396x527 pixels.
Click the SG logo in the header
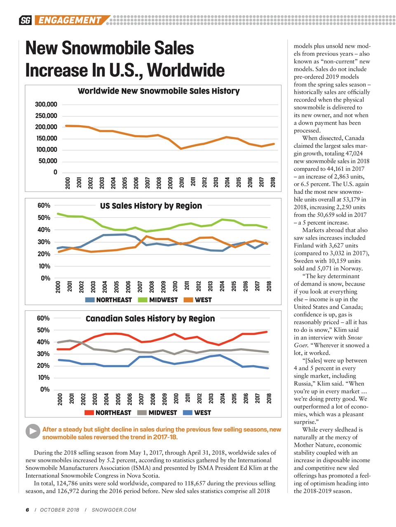(x=25, y=20)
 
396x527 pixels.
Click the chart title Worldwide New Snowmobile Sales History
(x=159, y=91)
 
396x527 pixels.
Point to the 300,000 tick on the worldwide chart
(x=46, y=105)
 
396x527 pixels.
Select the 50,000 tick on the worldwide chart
(x=48, y=161)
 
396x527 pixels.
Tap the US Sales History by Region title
(x=151, y=206)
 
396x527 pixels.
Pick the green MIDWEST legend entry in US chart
(x=159, y=300)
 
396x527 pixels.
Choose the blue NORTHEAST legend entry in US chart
(x=109, y=300)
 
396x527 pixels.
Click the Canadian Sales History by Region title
(x=150, y=319)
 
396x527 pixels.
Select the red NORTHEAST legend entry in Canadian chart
(x=108, y=413)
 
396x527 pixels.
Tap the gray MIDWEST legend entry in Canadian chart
(x=158, y=413)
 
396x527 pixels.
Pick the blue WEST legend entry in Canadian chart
(x=197, y=413)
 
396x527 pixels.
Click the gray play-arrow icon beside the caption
(x=33, y=431)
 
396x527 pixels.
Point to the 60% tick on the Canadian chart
(x=43, y=318)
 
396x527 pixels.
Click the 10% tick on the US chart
(x=44, y=266)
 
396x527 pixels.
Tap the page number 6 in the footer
(x=27, y=510)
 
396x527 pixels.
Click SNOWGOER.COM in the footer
(x=114, y=510)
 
